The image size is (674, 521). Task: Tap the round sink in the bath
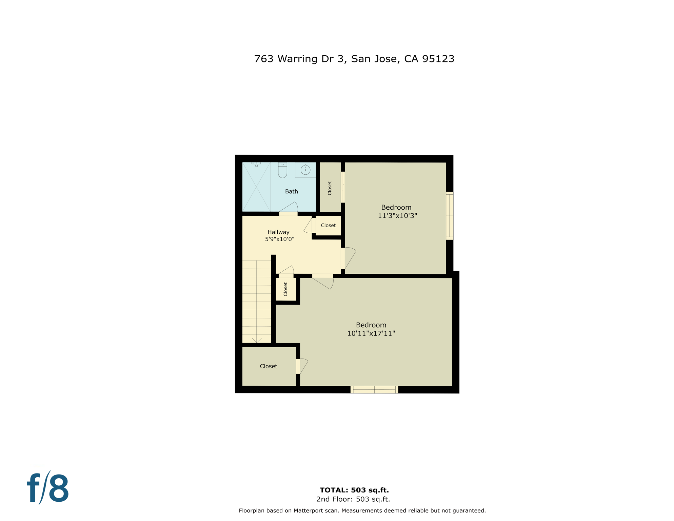(305, 170)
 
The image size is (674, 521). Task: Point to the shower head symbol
(256, 164)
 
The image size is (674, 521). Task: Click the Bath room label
(291, 192)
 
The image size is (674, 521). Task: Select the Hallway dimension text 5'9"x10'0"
(279, 239)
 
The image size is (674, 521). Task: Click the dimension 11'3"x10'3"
(397, 216)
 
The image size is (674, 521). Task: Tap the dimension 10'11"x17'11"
(371, 333)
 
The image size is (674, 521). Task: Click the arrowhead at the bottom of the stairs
(257, 340)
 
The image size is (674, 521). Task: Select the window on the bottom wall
(374, 389)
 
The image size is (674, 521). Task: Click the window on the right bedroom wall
(450, 216)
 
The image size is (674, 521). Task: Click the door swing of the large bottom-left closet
(303, 366)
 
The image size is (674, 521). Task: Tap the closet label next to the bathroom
(330, 188)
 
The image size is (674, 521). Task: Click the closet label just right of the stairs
(285, 289)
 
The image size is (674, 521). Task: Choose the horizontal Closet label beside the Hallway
(328, 226)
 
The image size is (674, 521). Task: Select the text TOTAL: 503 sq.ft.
(354, 490)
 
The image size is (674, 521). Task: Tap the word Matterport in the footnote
(308, 510)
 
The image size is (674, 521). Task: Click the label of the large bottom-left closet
(269, 366)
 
